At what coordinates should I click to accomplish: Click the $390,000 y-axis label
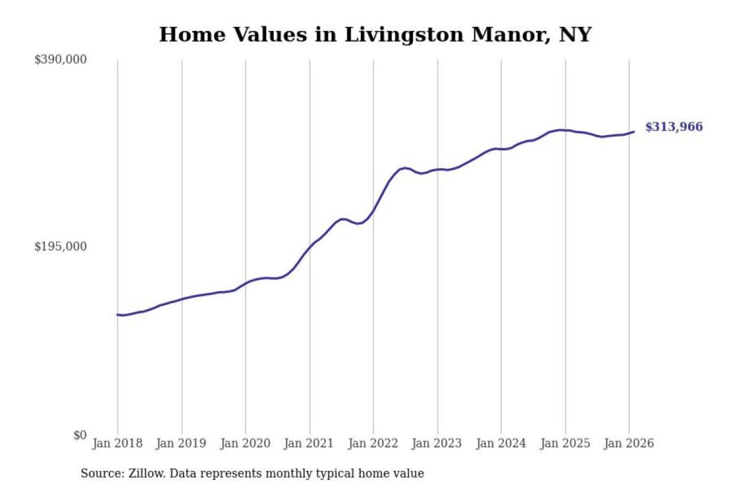pyautogui.click(x=60, y=59)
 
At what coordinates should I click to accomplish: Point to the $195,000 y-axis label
pyautogui.click(x=60, y=247)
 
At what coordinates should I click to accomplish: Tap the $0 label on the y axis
pyautogui.click(x=80, y=435)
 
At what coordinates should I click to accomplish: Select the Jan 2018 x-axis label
pyautogui.click(x=117, y=443)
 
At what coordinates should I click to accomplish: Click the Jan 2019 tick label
pyautogui.click(x=181, y=443)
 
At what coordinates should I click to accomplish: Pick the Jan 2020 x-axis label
pyautogui.click(x=245, y=443)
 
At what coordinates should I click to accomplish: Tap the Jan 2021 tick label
pyautogui.click(x=308, y=443)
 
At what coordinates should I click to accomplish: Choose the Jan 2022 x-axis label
pyautogui.click(x=373, y=443)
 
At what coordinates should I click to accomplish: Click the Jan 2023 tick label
pyautogui.click(x=436, y=443)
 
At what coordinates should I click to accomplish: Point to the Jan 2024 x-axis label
pyautogui.click(x=500, y=443)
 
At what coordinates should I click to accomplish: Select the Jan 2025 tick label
pyautogui.click(x=565, y=443)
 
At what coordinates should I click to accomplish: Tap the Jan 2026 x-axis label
pyautogui.click(x=628, y=443)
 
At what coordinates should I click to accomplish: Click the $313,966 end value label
pyautogui.click(x=673, y=127)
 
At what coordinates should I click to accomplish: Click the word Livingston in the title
pyautogui.click(x=404, y=35)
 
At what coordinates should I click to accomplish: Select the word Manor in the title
pyautogui.click(x=511, y=35)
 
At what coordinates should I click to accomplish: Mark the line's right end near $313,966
pyautogui.click(x=634, y=132)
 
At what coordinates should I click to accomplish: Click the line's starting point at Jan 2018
pyautogui.click(x=118, y=315)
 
